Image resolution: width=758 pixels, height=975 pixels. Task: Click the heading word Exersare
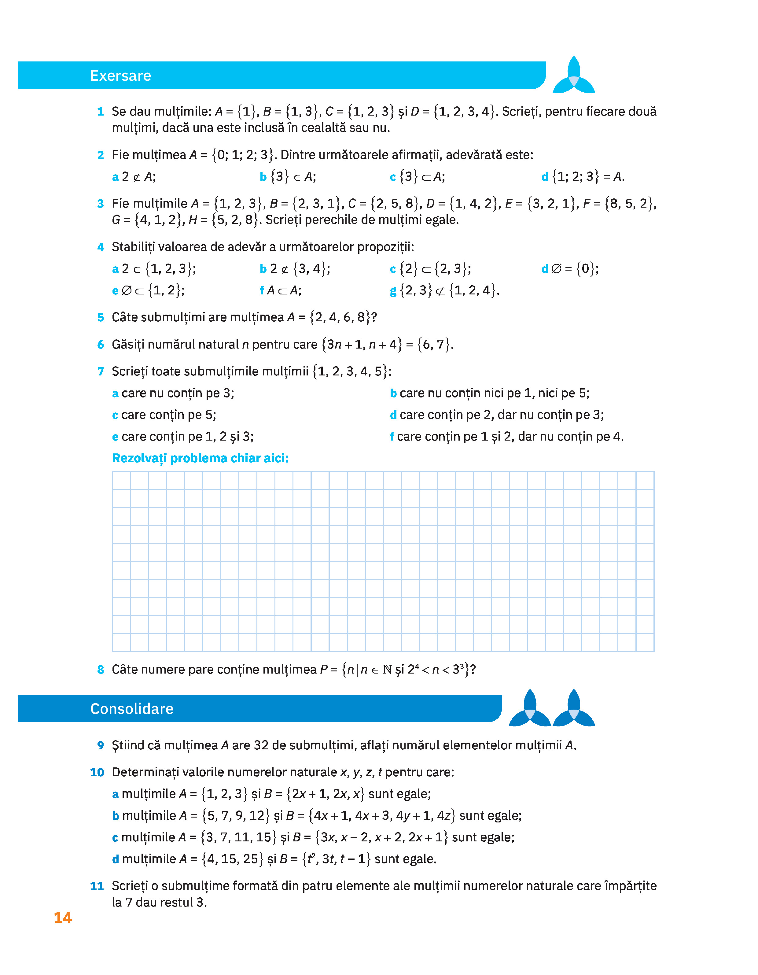(120, 76)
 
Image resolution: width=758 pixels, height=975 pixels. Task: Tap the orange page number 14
(62, 918)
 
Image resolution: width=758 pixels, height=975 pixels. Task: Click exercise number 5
(101, 317)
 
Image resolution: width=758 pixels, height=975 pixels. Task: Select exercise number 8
(101, 670)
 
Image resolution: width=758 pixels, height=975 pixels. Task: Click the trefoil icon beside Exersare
(574, 76)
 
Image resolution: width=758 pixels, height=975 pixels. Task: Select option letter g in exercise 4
(393, 291)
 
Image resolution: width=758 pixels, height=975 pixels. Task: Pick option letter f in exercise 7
(392, 437)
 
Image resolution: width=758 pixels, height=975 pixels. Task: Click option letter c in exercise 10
(115, 837)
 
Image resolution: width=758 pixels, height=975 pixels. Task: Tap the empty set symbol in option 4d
(556, 269)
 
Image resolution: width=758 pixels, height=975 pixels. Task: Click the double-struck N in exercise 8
(387, 670)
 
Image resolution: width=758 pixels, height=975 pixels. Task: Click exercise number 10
(97, 772)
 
